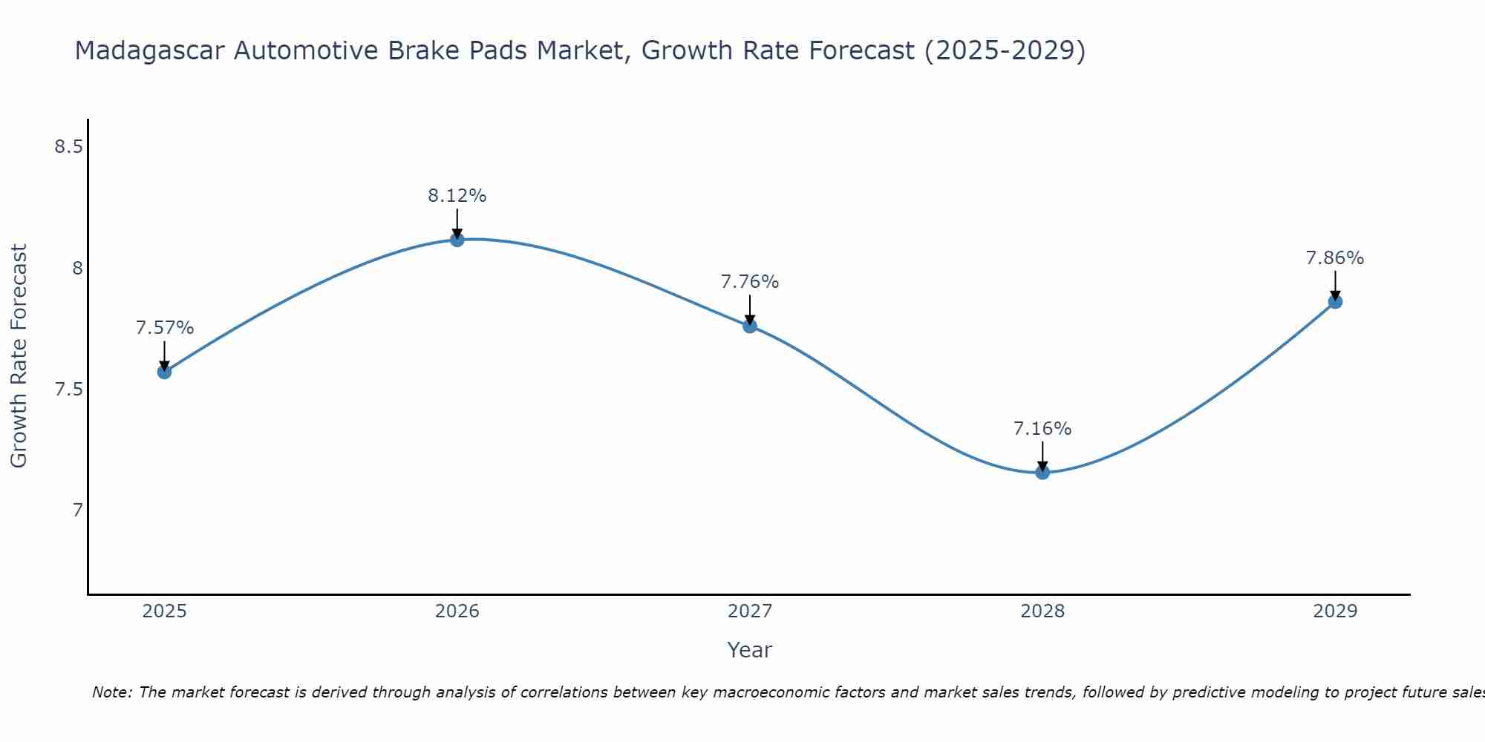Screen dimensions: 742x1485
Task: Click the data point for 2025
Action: point(164,372)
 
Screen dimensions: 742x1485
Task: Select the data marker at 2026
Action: point(457,240)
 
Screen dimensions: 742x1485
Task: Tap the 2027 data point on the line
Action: point(750,326)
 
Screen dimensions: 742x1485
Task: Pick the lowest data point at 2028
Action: point(1042,472)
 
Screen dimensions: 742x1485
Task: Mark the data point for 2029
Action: point(1335,301)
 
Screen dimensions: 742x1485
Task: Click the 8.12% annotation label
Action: point(457,196)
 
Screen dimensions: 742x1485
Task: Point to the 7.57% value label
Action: point(165,328)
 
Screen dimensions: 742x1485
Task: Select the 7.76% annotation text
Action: point(750,282)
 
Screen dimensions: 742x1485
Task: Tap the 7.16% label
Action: point(1042,429)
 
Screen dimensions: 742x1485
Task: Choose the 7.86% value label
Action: point(1335,258)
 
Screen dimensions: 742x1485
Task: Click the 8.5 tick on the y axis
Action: point(68,147)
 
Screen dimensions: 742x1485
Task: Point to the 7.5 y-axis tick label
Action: point(68,390)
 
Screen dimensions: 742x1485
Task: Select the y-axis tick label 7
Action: point(77,510)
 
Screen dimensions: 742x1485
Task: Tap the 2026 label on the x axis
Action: point(457,611)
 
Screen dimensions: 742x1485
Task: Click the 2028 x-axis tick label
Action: point(1042,611)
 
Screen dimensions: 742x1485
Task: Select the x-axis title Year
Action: point(750,650)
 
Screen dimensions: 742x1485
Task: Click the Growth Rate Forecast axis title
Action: point(19,356)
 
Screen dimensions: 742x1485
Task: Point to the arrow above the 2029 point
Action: point(1335,285)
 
